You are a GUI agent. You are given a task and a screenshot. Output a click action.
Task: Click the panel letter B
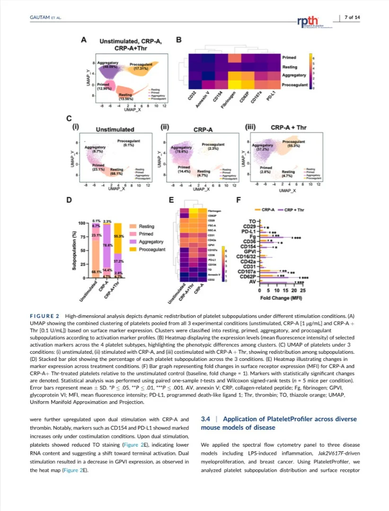[x=179, y=40]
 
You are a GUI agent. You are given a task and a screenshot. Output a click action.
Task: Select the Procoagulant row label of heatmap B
[x=295, y=85]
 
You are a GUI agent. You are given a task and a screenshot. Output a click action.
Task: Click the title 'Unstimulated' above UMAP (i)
[x=115, y=129]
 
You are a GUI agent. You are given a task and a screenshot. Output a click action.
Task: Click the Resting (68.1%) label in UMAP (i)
[x=117, y=171]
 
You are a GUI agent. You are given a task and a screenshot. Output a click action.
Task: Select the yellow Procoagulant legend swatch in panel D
[x=135, y=249]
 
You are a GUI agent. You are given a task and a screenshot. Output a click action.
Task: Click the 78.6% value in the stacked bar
[x=107, y=245]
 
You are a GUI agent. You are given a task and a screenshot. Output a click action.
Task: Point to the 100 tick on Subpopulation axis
[x=81, y=223]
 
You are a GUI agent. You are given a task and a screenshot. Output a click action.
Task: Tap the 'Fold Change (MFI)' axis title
[x=282, y=298]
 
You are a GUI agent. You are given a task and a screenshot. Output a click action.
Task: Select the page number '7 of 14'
[x=352, y=18]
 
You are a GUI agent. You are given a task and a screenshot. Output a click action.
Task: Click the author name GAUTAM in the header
[x=37, y=18]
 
